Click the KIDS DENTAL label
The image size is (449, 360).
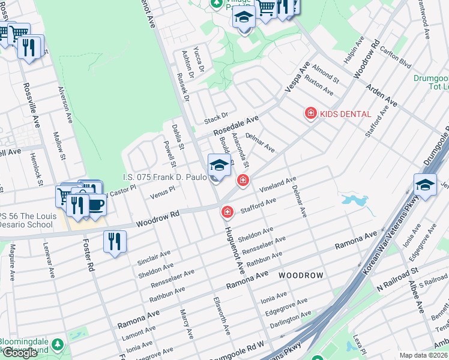[x=345, y=113]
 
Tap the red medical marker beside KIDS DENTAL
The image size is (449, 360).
[x=311, y=113]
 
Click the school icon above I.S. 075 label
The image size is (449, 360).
[x=219, y=165]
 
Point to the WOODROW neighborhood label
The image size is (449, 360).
[x=301, y=275]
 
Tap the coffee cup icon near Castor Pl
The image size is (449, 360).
[x=95, y=205]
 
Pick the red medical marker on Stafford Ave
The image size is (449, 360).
[x=228, y=212]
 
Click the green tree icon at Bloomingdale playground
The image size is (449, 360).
[x=58, y=345]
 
